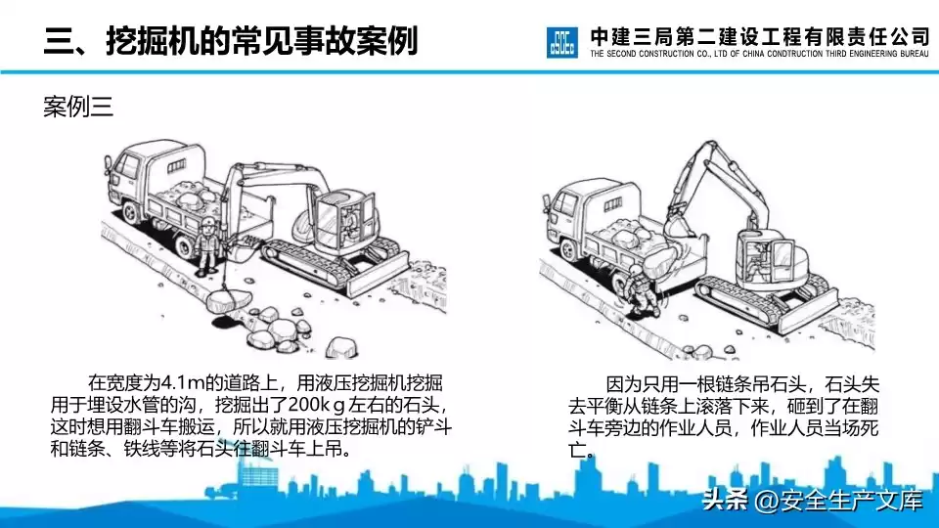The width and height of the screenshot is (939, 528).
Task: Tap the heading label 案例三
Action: tap(78, 108)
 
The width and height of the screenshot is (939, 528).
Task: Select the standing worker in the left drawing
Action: tap(208, 245)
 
